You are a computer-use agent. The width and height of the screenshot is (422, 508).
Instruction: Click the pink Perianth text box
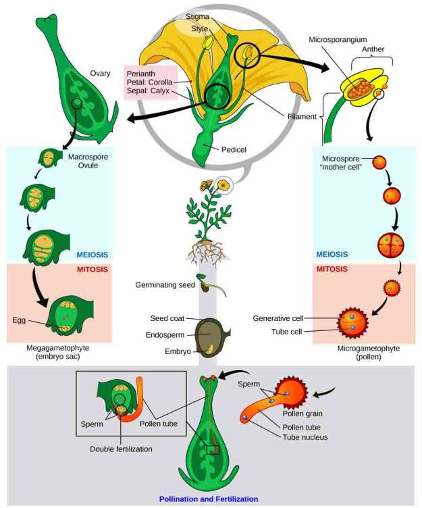coord(149,82)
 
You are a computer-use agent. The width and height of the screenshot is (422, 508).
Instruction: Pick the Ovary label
coord(100,74)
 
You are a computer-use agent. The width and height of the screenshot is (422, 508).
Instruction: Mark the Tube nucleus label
coord(306,437)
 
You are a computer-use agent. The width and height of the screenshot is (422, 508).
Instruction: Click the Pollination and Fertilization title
coord(209,499)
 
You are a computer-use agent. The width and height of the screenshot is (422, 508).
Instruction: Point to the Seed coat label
coord(166,318)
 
